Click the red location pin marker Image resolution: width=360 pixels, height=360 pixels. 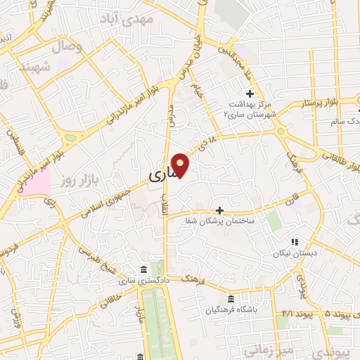tap(181, 165)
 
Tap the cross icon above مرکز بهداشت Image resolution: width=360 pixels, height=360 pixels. tap(250, 94)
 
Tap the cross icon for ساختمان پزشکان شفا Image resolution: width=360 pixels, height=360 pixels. tap(219, 210)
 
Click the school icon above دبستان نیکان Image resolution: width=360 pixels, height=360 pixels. tap(295, 242)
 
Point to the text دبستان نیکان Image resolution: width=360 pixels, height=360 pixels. tap(295, 252)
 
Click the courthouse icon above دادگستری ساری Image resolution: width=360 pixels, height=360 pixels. tap(143, 271)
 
